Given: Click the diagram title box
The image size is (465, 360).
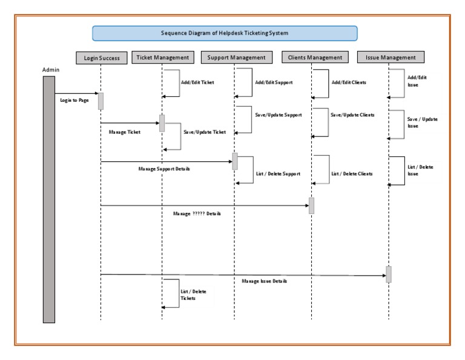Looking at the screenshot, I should tap(225, 33).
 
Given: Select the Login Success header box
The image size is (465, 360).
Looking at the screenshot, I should tap(102, 58).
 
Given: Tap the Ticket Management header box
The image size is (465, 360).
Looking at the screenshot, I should tap(162, 58).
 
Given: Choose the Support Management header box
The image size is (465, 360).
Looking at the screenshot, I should tap(236, 58).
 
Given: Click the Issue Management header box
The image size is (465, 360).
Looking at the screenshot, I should tap(391, 58).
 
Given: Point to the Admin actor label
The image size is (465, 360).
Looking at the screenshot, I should tap(51, 70).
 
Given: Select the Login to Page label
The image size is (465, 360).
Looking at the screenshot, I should tap(74, 101).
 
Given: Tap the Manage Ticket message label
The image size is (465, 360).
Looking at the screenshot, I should tap(125, 132).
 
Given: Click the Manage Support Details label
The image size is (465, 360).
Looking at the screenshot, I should tap(164, 169).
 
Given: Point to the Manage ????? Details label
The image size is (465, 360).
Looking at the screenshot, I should tap(197, 214).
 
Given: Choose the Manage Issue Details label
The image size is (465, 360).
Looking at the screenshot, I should tap(264, 281).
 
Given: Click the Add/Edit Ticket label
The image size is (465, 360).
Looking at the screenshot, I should tap(198, 82).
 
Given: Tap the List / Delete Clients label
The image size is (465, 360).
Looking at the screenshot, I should tap(352, 174).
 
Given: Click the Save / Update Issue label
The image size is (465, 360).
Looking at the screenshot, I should tap(423, 122).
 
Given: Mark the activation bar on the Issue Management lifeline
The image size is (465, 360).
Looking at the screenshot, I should tap(389, 274).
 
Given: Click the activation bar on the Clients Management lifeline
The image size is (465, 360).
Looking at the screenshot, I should tap(311, 205).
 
